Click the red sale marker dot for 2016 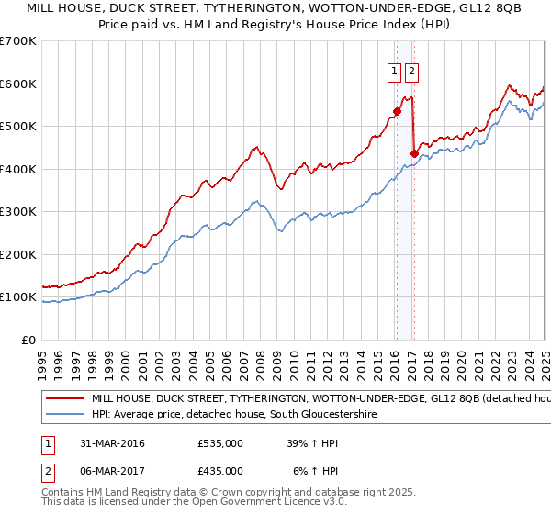coord(397,112)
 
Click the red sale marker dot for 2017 coord(413,153)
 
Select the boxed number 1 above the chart coord(395,72)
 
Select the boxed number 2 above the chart coord(411,72)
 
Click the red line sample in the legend coord(64,399)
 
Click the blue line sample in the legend coord(64,415)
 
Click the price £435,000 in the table coord(220,470)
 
